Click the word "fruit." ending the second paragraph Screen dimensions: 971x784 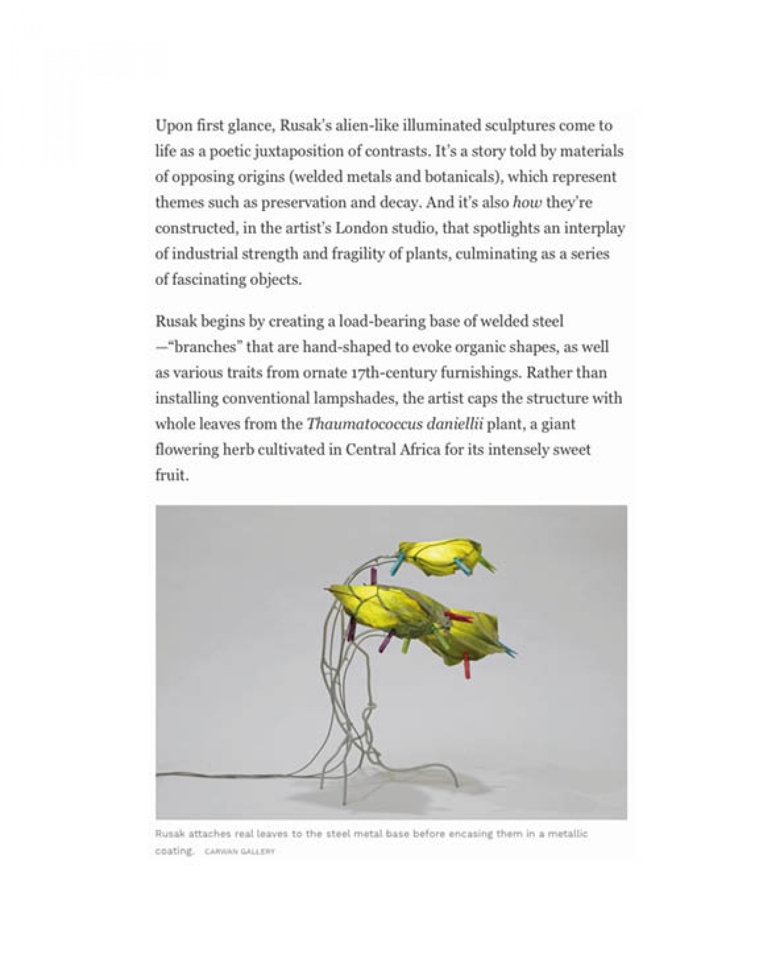click(172, 476)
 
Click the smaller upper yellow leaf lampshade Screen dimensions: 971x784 click(440, 556)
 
